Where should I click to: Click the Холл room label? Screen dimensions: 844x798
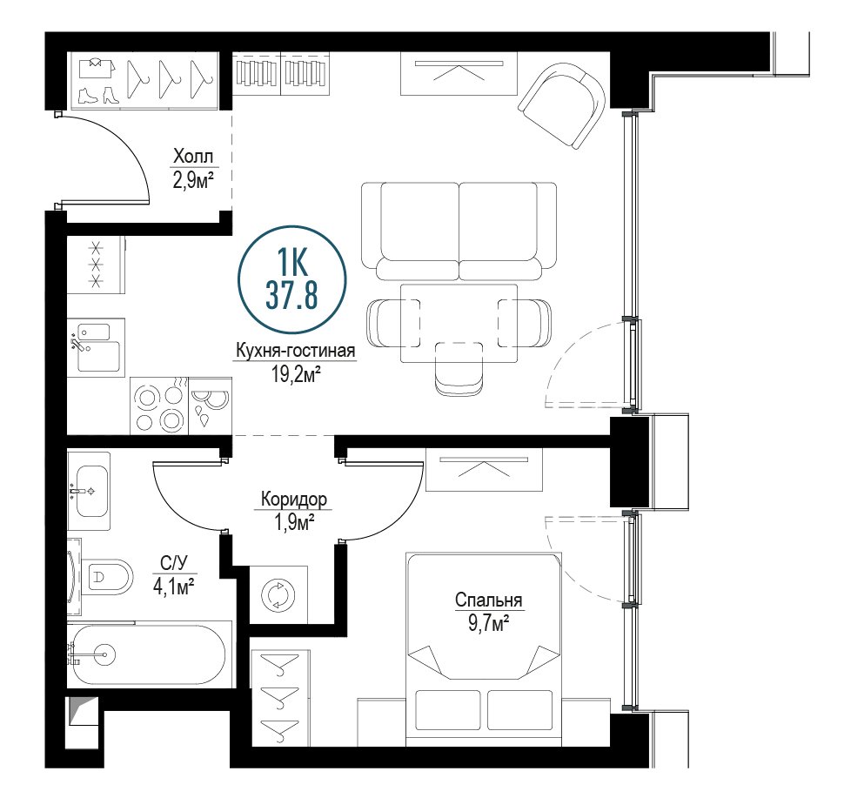192,157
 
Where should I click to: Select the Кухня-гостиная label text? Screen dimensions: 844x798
296,351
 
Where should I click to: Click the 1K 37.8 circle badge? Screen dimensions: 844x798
291,280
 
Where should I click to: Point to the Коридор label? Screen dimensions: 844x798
294,500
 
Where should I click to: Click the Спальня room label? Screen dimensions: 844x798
489,600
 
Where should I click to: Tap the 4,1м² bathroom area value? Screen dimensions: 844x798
174,586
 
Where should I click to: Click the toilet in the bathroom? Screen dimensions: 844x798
106,578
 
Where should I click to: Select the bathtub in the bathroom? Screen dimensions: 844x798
149,654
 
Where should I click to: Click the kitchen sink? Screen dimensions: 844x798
97,347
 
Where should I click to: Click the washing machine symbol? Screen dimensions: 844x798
278,595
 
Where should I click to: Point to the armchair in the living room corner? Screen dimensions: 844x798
562,104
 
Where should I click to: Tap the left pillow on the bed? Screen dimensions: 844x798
448,710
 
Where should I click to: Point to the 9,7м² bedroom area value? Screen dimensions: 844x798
489,624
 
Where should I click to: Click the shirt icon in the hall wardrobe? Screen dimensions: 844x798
97,68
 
